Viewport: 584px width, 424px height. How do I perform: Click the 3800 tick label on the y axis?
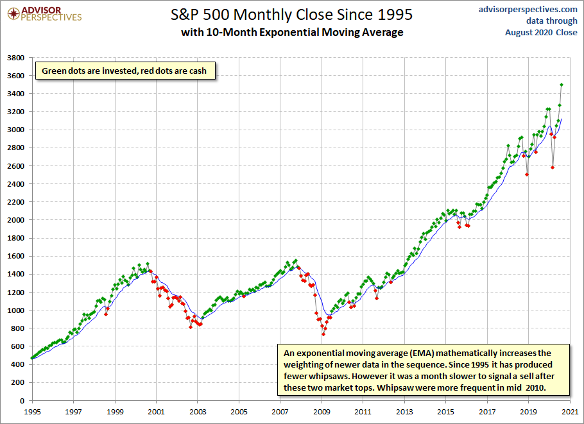(x=16, y=58)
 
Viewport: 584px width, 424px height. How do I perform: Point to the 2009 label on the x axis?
(x=322, y=411)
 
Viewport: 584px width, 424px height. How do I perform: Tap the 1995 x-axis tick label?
(x=32, y=411)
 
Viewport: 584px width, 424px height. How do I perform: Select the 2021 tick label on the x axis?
(x=570, y=411)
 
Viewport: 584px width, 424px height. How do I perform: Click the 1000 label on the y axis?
(x=16, y=310)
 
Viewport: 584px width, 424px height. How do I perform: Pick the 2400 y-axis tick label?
(x=16, y=184)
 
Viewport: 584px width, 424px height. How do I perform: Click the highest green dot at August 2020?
(x=562, y=85)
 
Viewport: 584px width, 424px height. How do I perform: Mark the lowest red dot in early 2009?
(x=323, y=334)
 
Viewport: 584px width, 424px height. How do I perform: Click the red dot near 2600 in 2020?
(x=553, y=167)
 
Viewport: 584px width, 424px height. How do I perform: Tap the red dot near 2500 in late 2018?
(x=527, y=174)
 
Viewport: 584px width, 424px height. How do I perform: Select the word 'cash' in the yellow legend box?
(x=198, y=71)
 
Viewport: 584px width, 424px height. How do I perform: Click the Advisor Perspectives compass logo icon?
(x=13, y=14)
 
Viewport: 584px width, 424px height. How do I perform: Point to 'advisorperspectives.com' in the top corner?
(x=528, y=10)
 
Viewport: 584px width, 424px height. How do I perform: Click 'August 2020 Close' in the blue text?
(x=541, y=32)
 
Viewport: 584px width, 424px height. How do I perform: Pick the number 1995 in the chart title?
(x=395, y=15)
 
